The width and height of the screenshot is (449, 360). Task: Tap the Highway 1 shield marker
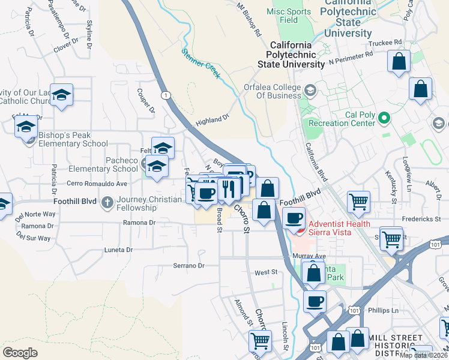coord(165,95)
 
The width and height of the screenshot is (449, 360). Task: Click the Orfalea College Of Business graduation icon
coord(310,91)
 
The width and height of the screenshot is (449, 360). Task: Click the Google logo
coord(20,352)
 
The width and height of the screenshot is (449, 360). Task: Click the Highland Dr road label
coord(212,119)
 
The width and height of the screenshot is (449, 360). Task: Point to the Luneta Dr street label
coord(118,249)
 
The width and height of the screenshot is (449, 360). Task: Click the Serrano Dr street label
coord(188,265)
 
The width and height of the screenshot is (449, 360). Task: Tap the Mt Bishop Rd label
coord(249,20)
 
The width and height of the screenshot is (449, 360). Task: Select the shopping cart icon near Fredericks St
coord(358,202)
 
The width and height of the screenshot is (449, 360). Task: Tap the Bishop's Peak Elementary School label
coord(73,139)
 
